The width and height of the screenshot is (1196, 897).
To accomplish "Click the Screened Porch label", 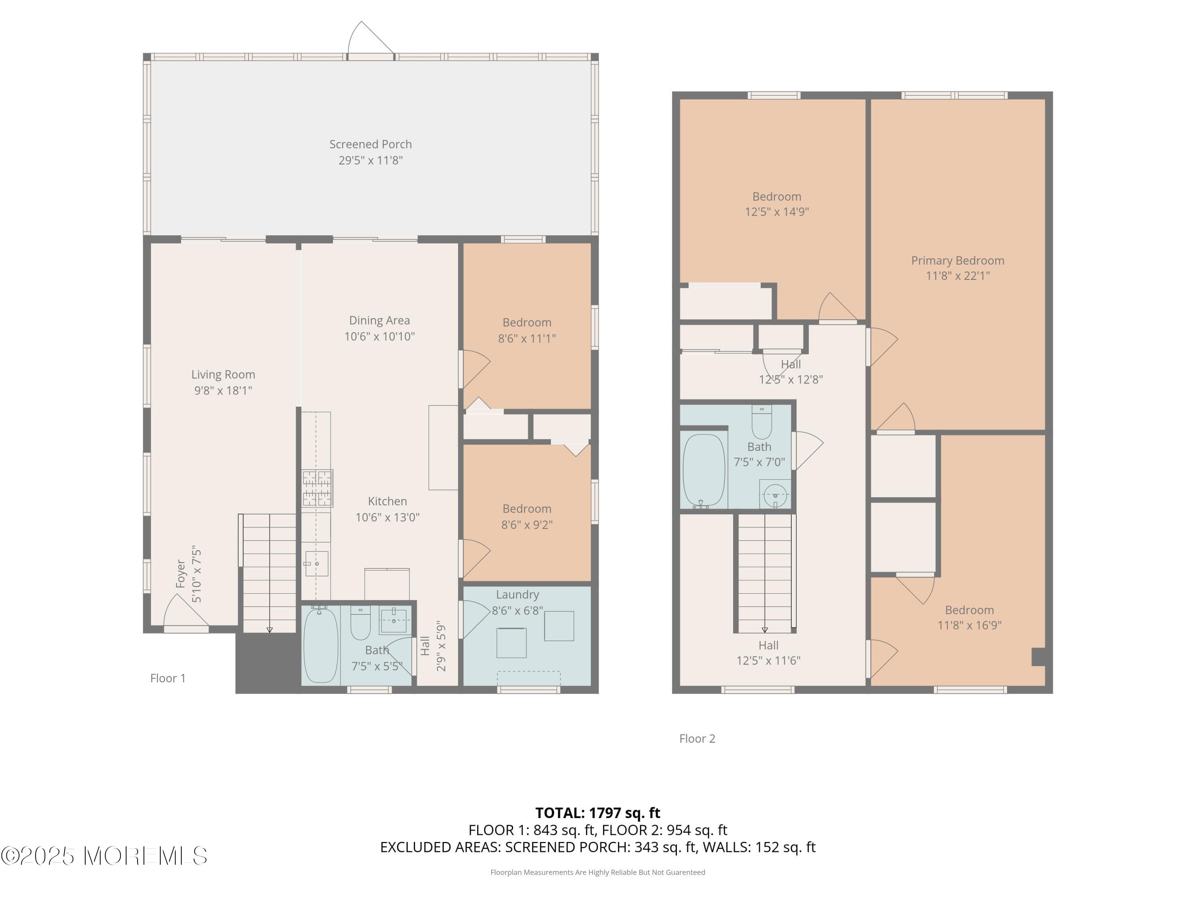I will [370, 144].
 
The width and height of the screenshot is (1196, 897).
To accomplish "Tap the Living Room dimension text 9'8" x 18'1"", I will [223, 390].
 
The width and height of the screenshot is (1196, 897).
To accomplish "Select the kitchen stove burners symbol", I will [317, 488].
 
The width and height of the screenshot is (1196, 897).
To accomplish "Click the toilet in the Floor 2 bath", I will [761, 422].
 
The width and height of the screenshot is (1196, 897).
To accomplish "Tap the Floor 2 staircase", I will [765, 573].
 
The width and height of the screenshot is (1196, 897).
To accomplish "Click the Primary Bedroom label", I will [957, 261].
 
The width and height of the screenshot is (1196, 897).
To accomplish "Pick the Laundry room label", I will [517, 594].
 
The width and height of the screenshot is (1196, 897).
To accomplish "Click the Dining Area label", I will [379, 321].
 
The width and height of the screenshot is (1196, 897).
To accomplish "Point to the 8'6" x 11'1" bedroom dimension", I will [527, 338].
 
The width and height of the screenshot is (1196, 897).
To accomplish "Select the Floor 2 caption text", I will [697, 739].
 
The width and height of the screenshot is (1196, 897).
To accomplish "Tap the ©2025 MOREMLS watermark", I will [104, 856].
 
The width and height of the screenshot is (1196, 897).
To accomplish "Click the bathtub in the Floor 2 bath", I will [703, 470].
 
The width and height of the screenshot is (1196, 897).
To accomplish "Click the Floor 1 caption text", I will [167, 678].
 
